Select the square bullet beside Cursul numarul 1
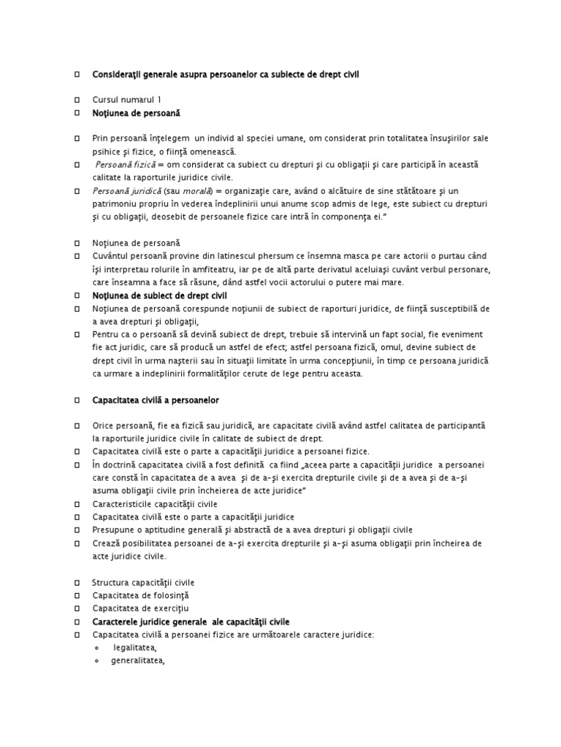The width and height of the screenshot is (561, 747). pos(77,99)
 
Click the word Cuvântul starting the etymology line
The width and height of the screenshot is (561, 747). pos(115,256)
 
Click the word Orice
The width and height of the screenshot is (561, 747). pos(104,425)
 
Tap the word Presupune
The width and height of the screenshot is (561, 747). pos(115,530)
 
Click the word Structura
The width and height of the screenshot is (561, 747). pos(113,582)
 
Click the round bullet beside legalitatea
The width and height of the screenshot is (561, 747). pos(97,649)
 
